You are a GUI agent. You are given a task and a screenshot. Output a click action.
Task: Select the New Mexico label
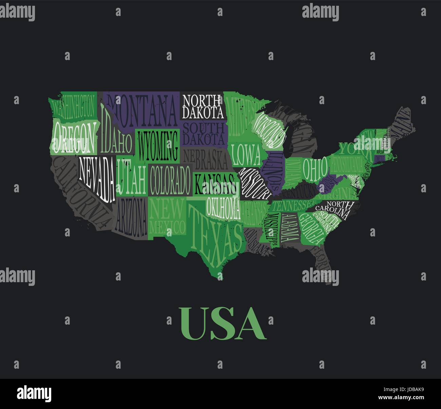pyautogui.click(x=168, y=217)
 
